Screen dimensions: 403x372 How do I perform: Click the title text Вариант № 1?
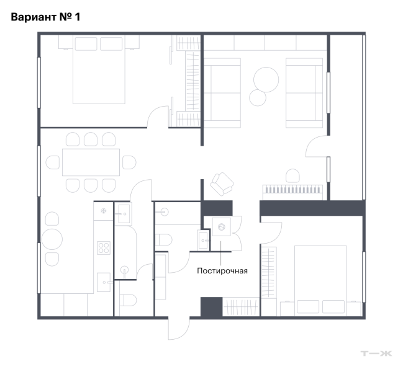45,17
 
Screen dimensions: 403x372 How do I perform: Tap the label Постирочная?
222,271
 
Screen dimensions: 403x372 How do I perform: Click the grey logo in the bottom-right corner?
376,353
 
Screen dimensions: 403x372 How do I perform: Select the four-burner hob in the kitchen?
104,248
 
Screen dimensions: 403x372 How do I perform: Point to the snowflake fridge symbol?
103,211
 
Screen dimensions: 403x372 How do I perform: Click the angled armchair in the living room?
222,184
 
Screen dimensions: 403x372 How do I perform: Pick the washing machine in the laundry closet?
221,227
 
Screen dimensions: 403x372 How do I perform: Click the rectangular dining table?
91,162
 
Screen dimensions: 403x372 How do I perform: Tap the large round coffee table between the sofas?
266,79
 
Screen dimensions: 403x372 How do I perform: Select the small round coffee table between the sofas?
258,98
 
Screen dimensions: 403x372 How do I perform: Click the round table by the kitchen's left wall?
52,239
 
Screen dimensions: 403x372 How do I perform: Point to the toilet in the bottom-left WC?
128,300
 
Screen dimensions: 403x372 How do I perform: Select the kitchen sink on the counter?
104,282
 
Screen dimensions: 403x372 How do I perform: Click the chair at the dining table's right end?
129,162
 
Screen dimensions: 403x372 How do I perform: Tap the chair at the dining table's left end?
53,162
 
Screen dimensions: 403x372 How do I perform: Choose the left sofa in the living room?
222,93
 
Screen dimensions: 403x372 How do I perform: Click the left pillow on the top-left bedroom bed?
86,44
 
